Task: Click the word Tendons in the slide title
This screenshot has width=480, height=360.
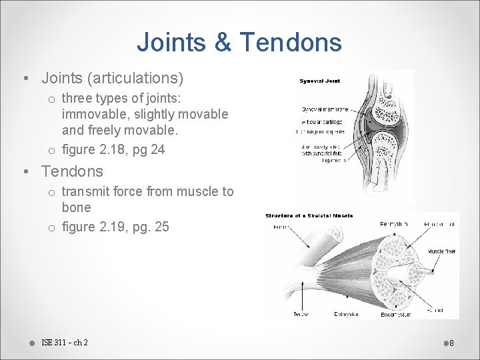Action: click(x=291, y=43)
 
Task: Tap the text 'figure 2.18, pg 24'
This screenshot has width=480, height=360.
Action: click(x=113, y=149)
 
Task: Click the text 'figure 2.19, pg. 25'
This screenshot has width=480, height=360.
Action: click(x=115, y=227)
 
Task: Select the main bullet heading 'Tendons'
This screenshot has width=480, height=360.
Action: click(x=72, y=171)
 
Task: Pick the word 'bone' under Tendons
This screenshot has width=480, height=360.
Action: click(x=76, y=208)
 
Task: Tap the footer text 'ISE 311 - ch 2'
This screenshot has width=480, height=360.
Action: click(x=65, y=343)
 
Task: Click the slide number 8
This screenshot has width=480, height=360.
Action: click(x=451, y=343)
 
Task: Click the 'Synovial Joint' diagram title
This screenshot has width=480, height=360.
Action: click(x=320, y=81)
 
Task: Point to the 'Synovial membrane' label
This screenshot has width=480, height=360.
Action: click(x=323, y=109)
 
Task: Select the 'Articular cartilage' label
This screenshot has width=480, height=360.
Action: click(x=323, y=122)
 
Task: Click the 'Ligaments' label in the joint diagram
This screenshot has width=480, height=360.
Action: click(x=334, y=161)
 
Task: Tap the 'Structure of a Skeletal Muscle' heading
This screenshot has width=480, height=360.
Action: click(x=309, y=216)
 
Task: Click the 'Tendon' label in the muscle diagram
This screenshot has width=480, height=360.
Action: click(x=301, y=314)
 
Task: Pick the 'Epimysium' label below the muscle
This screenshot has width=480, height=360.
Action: click(x=347, y=314)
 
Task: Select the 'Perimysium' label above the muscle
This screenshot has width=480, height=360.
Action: click(x=394, y=224)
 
